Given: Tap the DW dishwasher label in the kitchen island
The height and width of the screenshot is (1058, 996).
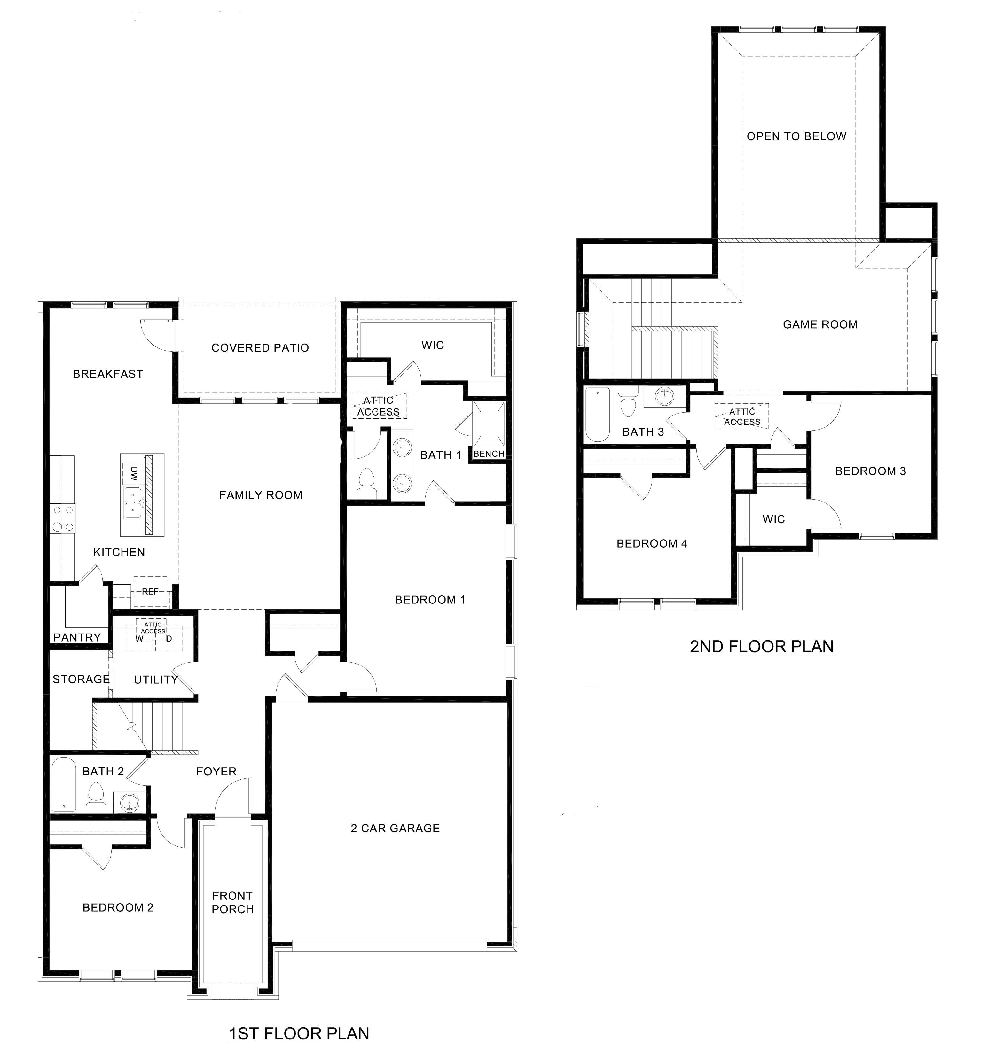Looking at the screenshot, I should tap(134, 475).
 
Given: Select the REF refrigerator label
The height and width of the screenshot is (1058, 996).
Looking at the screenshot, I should tap(150, 591).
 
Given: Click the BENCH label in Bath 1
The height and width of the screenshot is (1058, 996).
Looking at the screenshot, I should tap(488, 454).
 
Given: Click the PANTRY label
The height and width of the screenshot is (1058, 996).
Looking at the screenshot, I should tap(77, 638).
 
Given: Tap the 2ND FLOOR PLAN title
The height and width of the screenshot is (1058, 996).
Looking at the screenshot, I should tap(761, 647).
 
